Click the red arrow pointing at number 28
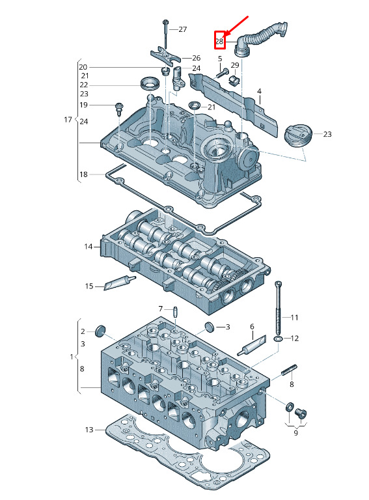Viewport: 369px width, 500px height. point(237,25)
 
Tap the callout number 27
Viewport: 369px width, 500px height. point(183,29)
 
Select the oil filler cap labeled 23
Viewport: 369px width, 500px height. point(296,136)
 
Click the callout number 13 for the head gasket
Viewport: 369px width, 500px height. point(90,430)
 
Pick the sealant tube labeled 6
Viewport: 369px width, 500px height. point(252,346)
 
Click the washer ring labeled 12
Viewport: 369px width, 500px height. point(278,338)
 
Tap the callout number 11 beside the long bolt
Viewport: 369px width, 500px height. point(294,318)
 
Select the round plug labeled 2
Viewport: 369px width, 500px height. point(100,331)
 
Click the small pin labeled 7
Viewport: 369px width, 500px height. point(175,311)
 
